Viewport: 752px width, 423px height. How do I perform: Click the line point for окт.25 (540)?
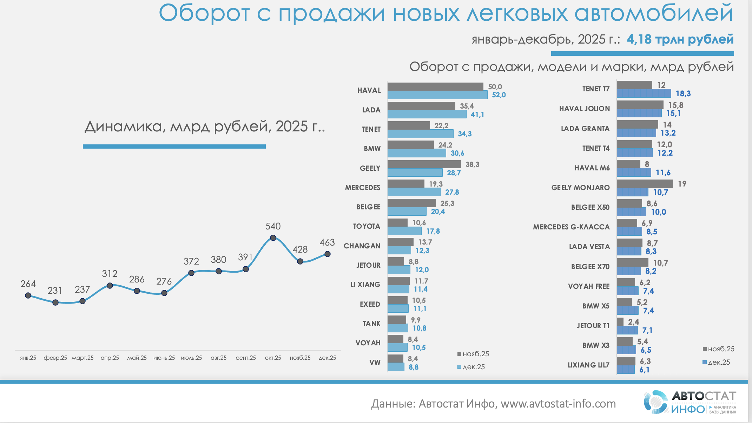[273, 237]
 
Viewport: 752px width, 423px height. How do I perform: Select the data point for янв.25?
[28, 295]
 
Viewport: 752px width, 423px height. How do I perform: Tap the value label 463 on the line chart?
[327, 242]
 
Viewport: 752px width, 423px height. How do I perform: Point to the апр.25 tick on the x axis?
[110, 358]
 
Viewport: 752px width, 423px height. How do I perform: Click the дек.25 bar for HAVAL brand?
[437, 95]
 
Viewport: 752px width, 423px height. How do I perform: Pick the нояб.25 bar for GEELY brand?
[424, 164]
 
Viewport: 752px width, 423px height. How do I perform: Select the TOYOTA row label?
[367, 226]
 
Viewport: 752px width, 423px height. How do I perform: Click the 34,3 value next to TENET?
[464, 134]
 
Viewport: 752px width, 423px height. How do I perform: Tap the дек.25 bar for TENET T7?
[644, 93]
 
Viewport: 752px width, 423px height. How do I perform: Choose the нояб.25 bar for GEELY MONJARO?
[645, 184]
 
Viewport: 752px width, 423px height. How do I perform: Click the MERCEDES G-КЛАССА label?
[571, 227]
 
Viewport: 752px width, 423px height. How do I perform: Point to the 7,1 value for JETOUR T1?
[647, 330]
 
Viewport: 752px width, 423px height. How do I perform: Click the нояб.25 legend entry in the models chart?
[718, 349]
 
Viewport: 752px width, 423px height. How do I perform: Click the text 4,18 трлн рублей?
[680, 39]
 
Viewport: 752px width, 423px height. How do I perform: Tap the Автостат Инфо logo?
[690, 402]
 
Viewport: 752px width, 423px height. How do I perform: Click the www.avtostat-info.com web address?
[558, 404]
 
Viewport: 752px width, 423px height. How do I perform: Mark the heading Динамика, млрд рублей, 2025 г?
[205, 126]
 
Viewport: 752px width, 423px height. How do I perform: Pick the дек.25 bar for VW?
[396, 367]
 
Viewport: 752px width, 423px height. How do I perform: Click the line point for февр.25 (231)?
[55, 302]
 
